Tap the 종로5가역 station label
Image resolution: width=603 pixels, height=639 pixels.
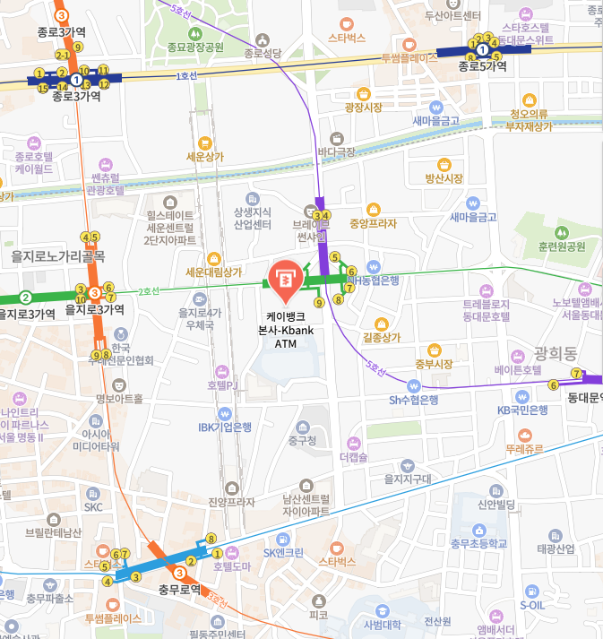(x=482, y=66)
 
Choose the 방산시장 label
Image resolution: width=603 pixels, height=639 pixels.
(x=444, y=178)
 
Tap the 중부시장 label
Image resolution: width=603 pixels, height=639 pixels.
(x=434, y=364)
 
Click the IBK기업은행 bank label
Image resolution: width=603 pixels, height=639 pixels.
(x=224, y=427)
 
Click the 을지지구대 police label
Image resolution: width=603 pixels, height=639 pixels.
(x=408, y=479)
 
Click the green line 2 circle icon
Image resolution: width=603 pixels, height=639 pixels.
(x=26, y=298)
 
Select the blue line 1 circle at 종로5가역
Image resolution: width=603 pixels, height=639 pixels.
(x=482, y=50)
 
